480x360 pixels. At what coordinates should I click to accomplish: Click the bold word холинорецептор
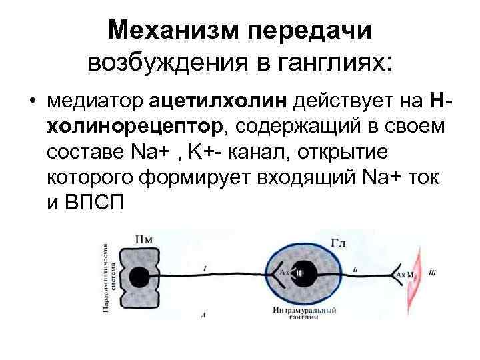point(138,127)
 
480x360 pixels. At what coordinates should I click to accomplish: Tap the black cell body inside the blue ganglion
point(301,274)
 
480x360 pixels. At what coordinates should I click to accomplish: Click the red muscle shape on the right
point(419,273)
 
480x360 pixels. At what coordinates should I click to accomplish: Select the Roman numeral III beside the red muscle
point(433,272)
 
